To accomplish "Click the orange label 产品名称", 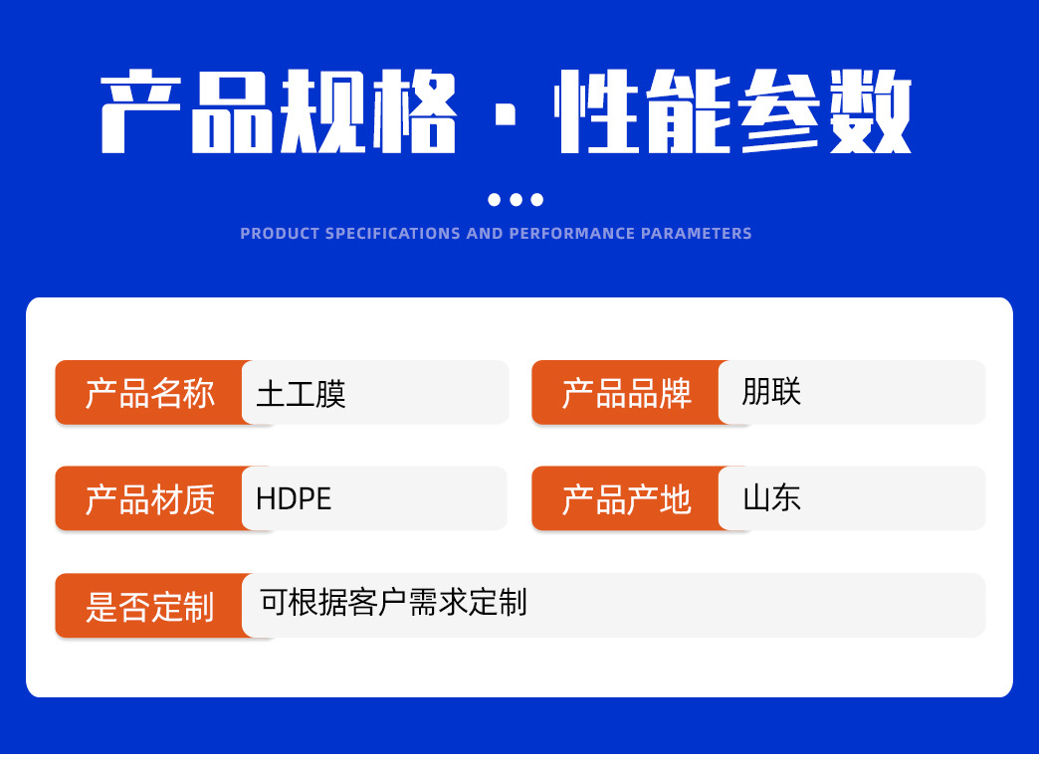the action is [149, 393].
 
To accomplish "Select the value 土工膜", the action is [301, 394].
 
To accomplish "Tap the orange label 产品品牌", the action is [626, 393].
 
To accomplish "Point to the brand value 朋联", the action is [771, 391].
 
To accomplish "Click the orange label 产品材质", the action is [149, 499].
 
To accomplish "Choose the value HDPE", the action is [294, 499].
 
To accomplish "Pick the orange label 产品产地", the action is [626, 499].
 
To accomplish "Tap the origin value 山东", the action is [771, 497].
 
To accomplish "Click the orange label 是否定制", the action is [149, 606].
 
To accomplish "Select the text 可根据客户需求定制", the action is [393, 602].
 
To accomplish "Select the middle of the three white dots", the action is [516, 199].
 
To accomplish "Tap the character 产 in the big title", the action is [141, 112].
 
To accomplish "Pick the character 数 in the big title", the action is [871, 112].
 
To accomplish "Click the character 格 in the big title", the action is [415, 112].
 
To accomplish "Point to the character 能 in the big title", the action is [689, 112].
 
